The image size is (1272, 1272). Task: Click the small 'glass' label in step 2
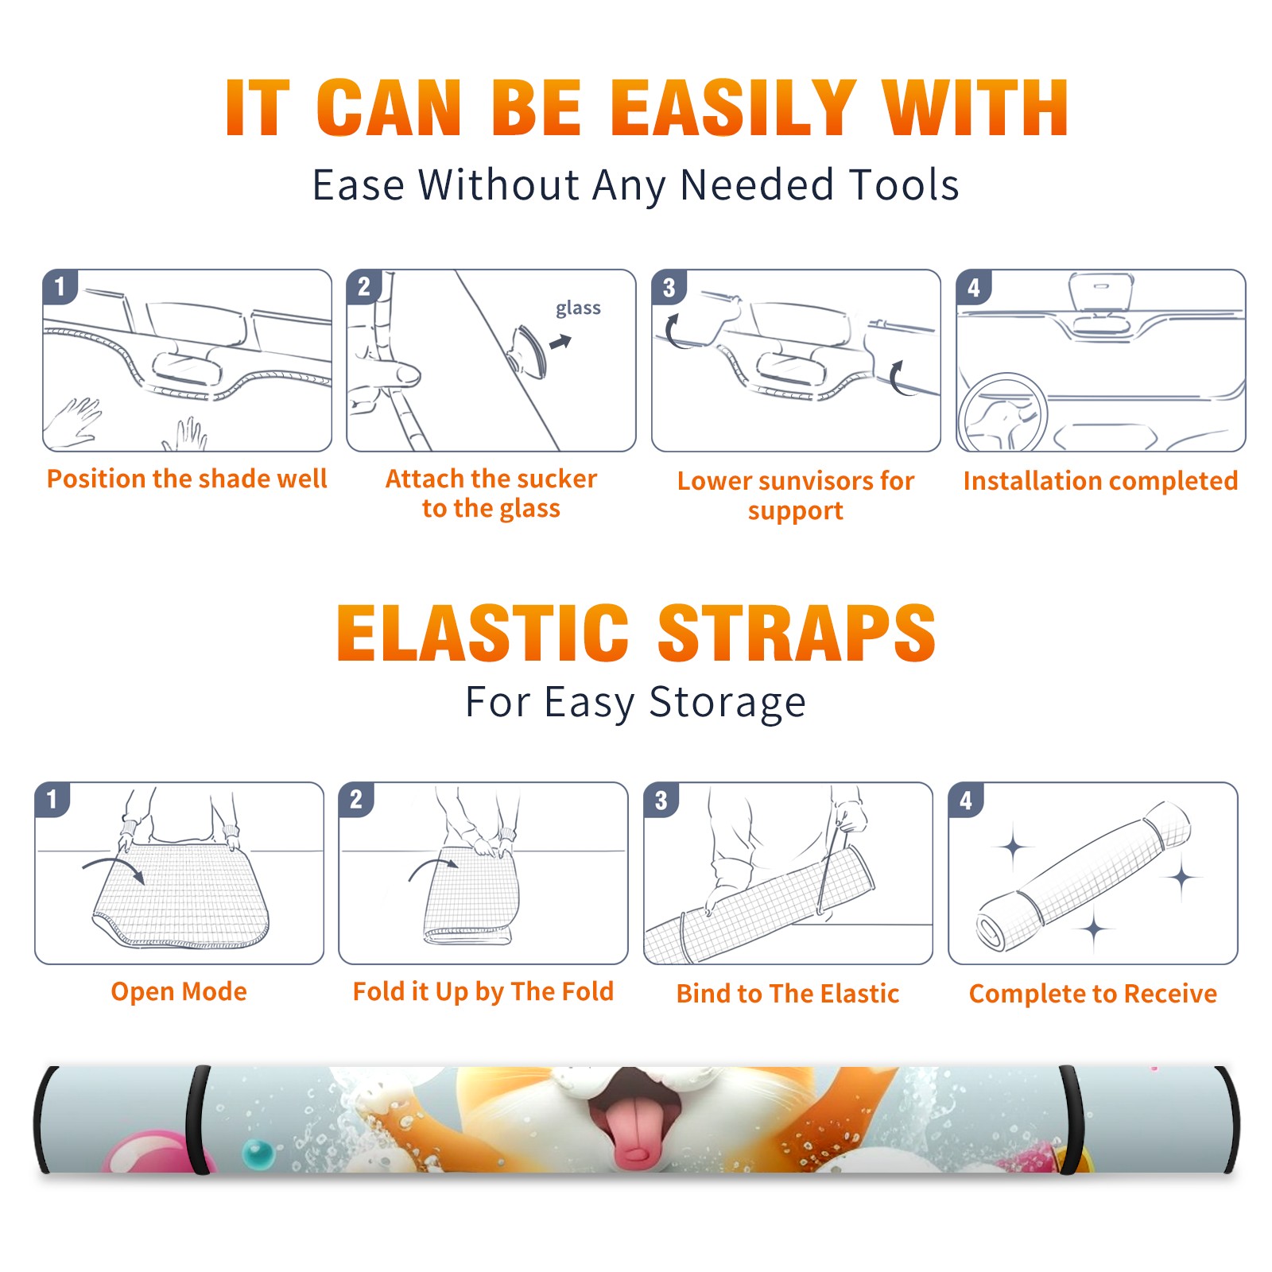point(578,308)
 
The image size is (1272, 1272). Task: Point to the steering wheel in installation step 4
point(1002,412)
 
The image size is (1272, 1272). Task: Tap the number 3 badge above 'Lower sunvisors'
point(669,287)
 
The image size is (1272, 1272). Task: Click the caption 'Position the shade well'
point(187,479)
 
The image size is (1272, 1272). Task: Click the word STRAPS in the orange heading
point(797,633)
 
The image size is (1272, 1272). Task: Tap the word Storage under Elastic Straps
point(727,703)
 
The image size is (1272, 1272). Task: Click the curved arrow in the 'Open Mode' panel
point(114,867)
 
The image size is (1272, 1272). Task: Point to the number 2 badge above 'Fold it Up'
point(355,799)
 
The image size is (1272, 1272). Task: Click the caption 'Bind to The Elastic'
point(787,993)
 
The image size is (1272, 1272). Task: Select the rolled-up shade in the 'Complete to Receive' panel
point(1084,877)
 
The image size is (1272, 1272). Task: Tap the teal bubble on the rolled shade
point(258,1153)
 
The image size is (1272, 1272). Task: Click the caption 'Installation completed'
point(1100,481)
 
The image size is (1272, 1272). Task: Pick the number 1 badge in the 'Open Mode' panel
point(52,799)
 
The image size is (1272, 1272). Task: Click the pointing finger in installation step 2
point(390,374)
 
